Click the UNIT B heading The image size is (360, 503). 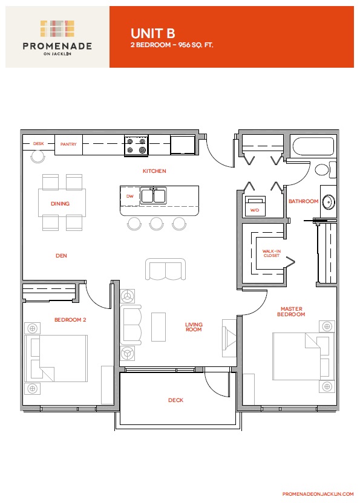pos(152,33)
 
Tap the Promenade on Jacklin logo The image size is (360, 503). pos(57,38)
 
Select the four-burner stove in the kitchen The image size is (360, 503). pos(136,145)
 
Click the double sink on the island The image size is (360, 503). pos(154,196)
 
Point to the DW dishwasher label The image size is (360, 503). pos(129,196)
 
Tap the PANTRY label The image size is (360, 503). pos(68,144)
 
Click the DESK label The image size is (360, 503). pos(39,144)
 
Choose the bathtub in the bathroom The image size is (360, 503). pos(313,146)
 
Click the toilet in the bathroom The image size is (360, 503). pos(325,170)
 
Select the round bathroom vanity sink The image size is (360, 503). pos(329,202)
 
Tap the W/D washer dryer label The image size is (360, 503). pos(255,210)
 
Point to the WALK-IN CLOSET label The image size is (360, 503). pos(272,253)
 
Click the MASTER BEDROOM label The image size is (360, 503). pos(291,311)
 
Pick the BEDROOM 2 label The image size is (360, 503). pos(70,320)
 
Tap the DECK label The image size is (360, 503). pos(175,400)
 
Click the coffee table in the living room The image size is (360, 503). pos(159,327)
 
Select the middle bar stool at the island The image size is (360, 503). pos(156,224)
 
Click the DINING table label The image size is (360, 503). pos(60,204)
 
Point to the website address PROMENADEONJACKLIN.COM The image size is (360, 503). pos(318,494)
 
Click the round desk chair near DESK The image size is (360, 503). pos(38,157)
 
